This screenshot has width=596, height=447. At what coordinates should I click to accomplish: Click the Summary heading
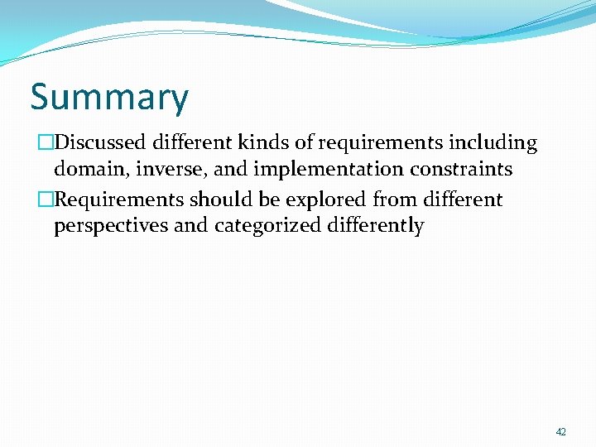109,98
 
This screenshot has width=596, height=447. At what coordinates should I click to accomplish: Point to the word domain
89,171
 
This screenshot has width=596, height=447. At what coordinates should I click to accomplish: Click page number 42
560,432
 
